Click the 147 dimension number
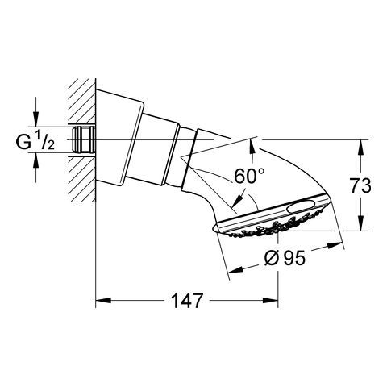pyautogui.click(x=187, y=300)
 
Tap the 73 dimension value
pyautogui.click(x=360, y=185)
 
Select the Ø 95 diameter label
pyautogui.click(x=285, y=258)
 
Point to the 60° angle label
pyautogui.click(x=249, y=176)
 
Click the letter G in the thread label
pyautogui.click(x=23, y=142)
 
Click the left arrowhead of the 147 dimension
pyautogui.click(x=103, y=300)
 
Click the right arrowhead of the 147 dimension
pyautogui.click(x=270, y=300)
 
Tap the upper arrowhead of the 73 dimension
pyautogui.click(x=361, y=148)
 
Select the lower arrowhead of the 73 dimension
pyautogui.click(x=361, y=223)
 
